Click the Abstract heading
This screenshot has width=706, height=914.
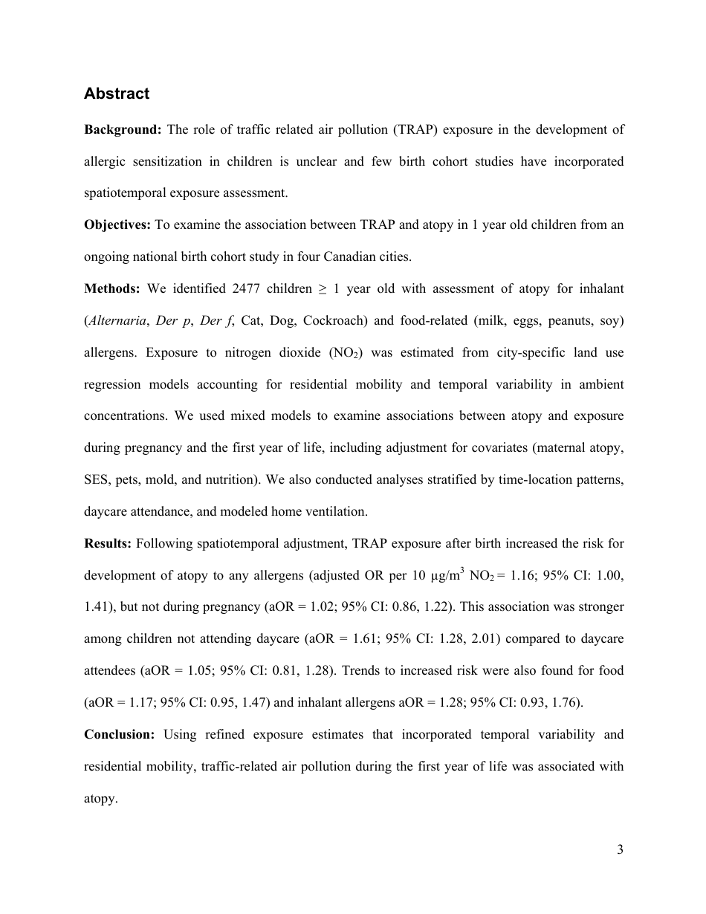(x=117, y=94)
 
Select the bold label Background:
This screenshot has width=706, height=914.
(x=123, y=130)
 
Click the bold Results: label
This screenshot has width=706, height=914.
(x=108, y=543)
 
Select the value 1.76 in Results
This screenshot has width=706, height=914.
(x=563, y=702)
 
